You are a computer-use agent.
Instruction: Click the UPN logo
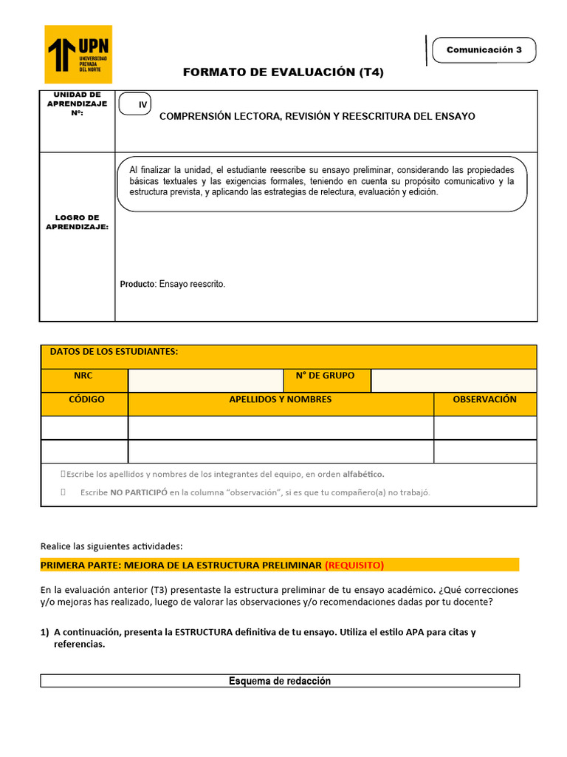tap(79, 54)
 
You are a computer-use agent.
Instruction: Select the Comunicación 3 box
tap(484, 50)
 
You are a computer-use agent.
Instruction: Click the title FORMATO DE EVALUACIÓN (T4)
tap(283, 72)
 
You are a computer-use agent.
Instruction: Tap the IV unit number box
tap(134, 106)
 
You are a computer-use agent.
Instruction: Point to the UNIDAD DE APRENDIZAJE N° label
tap(77, 104)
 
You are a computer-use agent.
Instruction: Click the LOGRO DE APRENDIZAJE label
tap(77, 223)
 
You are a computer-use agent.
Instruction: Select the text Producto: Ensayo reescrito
tap(173, 284)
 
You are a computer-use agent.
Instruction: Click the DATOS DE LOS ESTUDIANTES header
tap(114, 352)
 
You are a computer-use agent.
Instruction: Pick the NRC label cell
tap(83, 376)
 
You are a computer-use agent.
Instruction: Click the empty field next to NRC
tap(205, 380)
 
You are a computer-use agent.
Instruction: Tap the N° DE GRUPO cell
tap(325, 376)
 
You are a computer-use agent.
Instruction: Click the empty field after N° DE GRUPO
tap(453, 380)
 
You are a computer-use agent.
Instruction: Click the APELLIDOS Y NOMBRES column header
tap(281, 399)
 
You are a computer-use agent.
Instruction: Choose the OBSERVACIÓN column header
tap(484, 399)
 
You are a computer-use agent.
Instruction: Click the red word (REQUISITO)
tap(354, 566)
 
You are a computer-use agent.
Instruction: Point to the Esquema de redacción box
tap(280, 681)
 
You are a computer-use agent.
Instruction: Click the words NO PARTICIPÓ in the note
tap(138, 492)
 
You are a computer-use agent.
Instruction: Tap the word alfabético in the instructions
tap(363, 474)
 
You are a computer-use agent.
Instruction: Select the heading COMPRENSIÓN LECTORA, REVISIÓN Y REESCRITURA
tap(317, 116)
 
